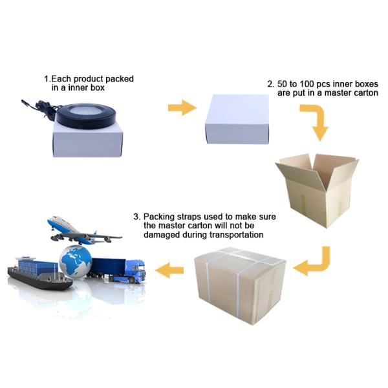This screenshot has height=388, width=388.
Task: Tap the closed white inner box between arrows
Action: pyautogui.click(x=237, y=119)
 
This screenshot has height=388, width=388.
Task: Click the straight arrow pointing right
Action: pyautogui.click(x=182, y=107)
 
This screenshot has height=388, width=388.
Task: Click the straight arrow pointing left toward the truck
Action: pyautogui.click(x=169, y=270)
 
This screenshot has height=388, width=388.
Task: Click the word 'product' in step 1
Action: pyautogui.click(x=89, y=79)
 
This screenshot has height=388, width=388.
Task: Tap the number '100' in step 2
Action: pyautogui.click(x=307, y=84)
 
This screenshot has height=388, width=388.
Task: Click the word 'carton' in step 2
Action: pyautogui.click(x=365, y=93)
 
